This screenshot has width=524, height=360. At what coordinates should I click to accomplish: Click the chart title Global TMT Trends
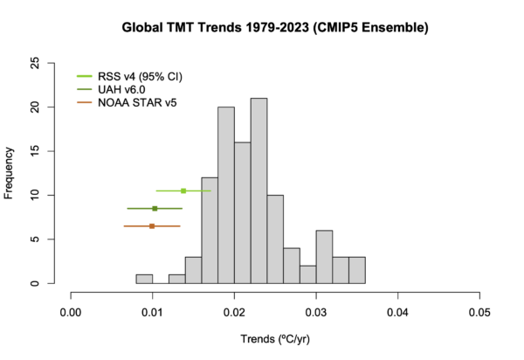click(275, 28)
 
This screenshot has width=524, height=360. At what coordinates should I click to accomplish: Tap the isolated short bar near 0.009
click(144, 279)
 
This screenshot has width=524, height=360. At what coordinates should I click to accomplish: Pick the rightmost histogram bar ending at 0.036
click(357, 270)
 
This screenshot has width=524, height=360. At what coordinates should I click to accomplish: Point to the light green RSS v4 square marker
click(183, 190)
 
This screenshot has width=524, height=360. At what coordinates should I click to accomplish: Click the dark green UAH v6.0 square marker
click(155, 208)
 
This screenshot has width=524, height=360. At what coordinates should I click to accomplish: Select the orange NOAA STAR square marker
click(152, 225)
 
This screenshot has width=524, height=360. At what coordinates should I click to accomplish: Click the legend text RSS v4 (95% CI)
click(140, 75)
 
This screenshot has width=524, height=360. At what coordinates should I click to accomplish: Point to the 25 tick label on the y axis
click(59, 63)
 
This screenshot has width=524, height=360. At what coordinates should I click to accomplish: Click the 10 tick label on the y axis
click(59, 195)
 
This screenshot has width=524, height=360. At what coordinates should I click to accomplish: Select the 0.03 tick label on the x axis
click(316, 310)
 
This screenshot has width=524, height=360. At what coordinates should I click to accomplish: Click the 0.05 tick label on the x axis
click(479, 310)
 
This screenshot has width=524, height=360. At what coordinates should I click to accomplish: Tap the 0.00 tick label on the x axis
click(71, 310)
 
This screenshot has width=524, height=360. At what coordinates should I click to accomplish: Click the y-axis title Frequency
click(10, 173)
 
